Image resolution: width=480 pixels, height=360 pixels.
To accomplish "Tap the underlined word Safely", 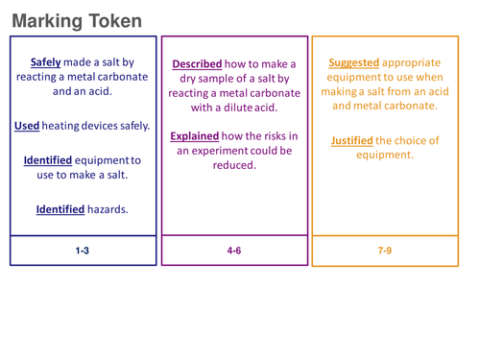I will pos(45,60).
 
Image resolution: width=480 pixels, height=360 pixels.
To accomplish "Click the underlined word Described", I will pos(198,64).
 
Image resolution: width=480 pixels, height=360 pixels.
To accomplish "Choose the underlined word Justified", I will pos(351,140).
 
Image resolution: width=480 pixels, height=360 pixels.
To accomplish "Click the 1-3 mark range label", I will pos(83,251).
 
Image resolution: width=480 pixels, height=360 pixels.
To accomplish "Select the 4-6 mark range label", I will pos(234,251).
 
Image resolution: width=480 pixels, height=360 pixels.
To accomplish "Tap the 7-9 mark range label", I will pos(384,251).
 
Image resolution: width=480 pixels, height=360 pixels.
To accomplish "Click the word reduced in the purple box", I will pos(233,165).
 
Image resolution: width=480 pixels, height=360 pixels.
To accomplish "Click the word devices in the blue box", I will pos(106,126).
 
